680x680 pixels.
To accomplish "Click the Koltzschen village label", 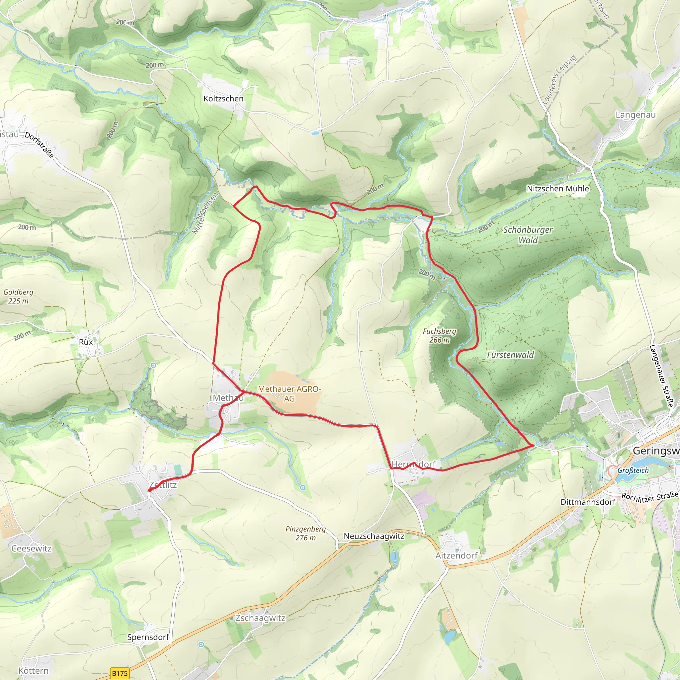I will (x=223, y=99).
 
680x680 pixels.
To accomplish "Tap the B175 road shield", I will (x=120, y=673).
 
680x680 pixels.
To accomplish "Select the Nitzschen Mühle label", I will (x=557, y=189).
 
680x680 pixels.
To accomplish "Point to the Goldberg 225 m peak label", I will (x=18, y=297).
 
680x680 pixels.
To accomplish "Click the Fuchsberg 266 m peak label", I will (x=439, y=335).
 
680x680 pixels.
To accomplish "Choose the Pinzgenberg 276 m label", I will (x=305, y=533).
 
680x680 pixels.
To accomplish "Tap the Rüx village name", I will (x=86, y=342).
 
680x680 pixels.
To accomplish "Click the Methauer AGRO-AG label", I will (x=289, y=393).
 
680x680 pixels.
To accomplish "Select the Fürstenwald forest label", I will (x=510, y=355).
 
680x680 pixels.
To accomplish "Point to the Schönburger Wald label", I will (x=528, y=235).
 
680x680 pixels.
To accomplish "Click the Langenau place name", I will (x=635, y=115).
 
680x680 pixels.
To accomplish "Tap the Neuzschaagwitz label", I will (x=374, y=536).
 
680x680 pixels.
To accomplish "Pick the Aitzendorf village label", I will (x=457, y=555).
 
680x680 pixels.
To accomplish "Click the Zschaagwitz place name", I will (x=260, y=618).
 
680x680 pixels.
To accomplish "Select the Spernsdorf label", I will (x=148, y=637).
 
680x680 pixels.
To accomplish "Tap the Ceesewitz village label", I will (x=31, y=549).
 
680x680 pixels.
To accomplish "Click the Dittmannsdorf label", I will (x=588, y=502).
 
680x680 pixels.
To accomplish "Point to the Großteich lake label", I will (x=633, y=470).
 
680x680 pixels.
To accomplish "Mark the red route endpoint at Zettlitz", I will (x=150, y=490).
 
